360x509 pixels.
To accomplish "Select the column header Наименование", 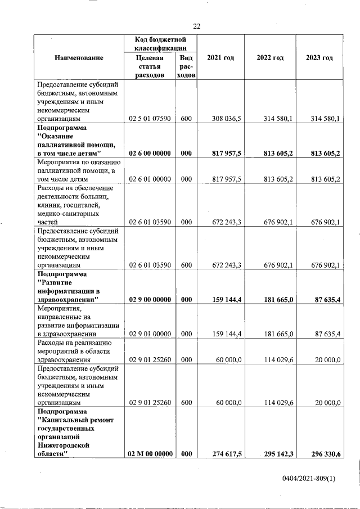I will point(79,58).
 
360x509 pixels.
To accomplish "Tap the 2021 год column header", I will point(220,58).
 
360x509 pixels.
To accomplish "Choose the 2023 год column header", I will point(319,58).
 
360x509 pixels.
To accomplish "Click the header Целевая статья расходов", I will point(150,67).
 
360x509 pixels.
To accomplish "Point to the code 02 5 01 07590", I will point(150,119).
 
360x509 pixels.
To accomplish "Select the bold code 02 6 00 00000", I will point(150,153).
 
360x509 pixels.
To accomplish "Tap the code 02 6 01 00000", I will point(150,179).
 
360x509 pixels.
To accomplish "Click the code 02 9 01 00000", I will point(150,334).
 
